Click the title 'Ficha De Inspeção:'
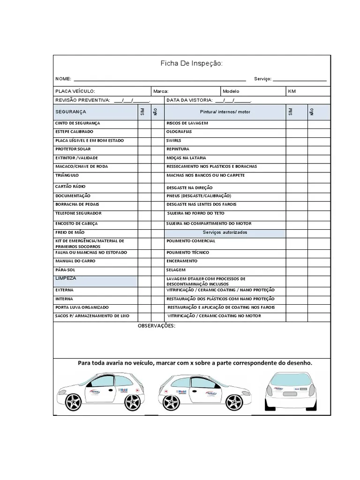click(x=192, y=63)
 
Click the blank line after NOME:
click(x=159, y=79)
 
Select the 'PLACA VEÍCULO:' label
click(x=75, y=91)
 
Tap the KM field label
click(x=292, y=91)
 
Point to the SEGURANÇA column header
click(x=71, y=112)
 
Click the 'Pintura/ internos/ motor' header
click(x=225, y=112)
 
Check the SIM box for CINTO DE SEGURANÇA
click(x=144, y=123)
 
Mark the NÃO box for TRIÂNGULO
click(x=157, y=176)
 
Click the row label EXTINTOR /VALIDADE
click(x=76, y=158)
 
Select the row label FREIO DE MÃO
click(x=70, y=232)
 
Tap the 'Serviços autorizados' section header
click(x=225, y=232)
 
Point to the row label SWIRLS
click(x=173, y=141)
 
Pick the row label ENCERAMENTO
click(x=182, y=261)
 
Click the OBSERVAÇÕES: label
click(x=156, y=326)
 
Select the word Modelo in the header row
click(x=231, y=91)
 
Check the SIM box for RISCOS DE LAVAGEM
click(x=297, y=123)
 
